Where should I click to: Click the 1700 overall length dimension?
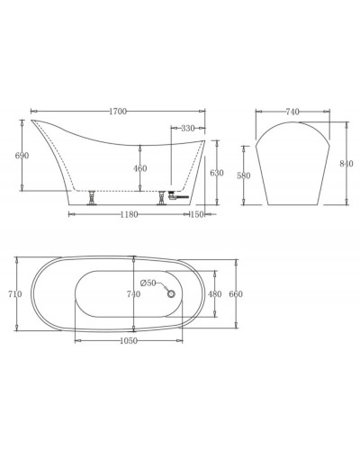coord(118,111)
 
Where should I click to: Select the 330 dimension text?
coord(187,129)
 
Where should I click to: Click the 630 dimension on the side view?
coord(216,172)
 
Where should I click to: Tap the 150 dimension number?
coord(198,215)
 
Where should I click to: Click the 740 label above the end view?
coord(293,111)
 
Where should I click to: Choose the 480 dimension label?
coord(214,293)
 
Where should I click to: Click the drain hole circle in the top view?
coord(166,288)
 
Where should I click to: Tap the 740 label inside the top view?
coord(133,294)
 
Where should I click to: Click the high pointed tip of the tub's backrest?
coord(32,121)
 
